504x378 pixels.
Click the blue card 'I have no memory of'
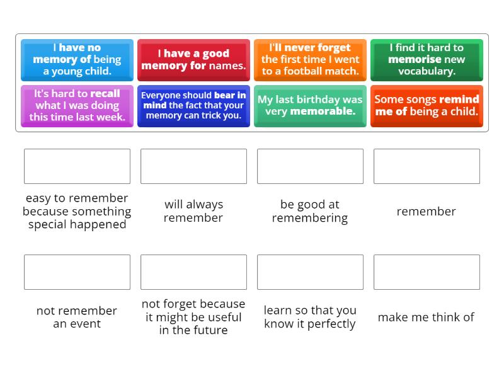[x=77, y=59]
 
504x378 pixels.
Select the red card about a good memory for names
[x=193, y=59]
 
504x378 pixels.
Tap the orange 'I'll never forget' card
[x=310, y=59]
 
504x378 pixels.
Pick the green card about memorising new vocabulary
[x=427, y=59]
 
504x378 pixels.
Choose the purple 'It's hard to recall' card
[x=77, y=105]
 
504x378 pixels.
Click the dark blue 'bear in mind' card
[x=193, y=105]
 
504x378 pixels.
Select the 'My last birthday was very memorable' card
[x=310, y=105]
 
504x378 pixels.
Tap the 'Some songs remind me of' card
[x=427, y=105]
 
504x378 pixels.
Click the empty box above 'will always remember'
[x=193, y=166]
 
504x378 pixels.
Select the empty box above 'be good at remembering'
[x=310, y=166]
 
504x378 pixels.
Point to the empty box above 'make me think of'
[x=427, y=272]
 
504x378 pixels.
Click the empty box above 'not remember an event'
[x=77, y=272]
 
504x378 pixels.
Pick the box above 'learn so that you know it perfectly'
[x=310, y=272]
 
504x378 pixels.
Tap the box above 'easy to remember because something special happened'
[x=77, y=166]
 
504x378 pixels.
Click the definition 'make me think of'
[x=426, y=318]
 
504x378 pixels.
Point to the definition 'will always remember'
[x=193, y=211]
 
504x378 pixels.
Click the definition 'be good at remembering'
[x=310, y=211]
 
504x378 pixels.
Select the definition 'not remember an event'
[x=77, y=318]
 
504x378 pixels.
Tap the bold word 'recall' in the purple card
[x=105, y=94]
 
